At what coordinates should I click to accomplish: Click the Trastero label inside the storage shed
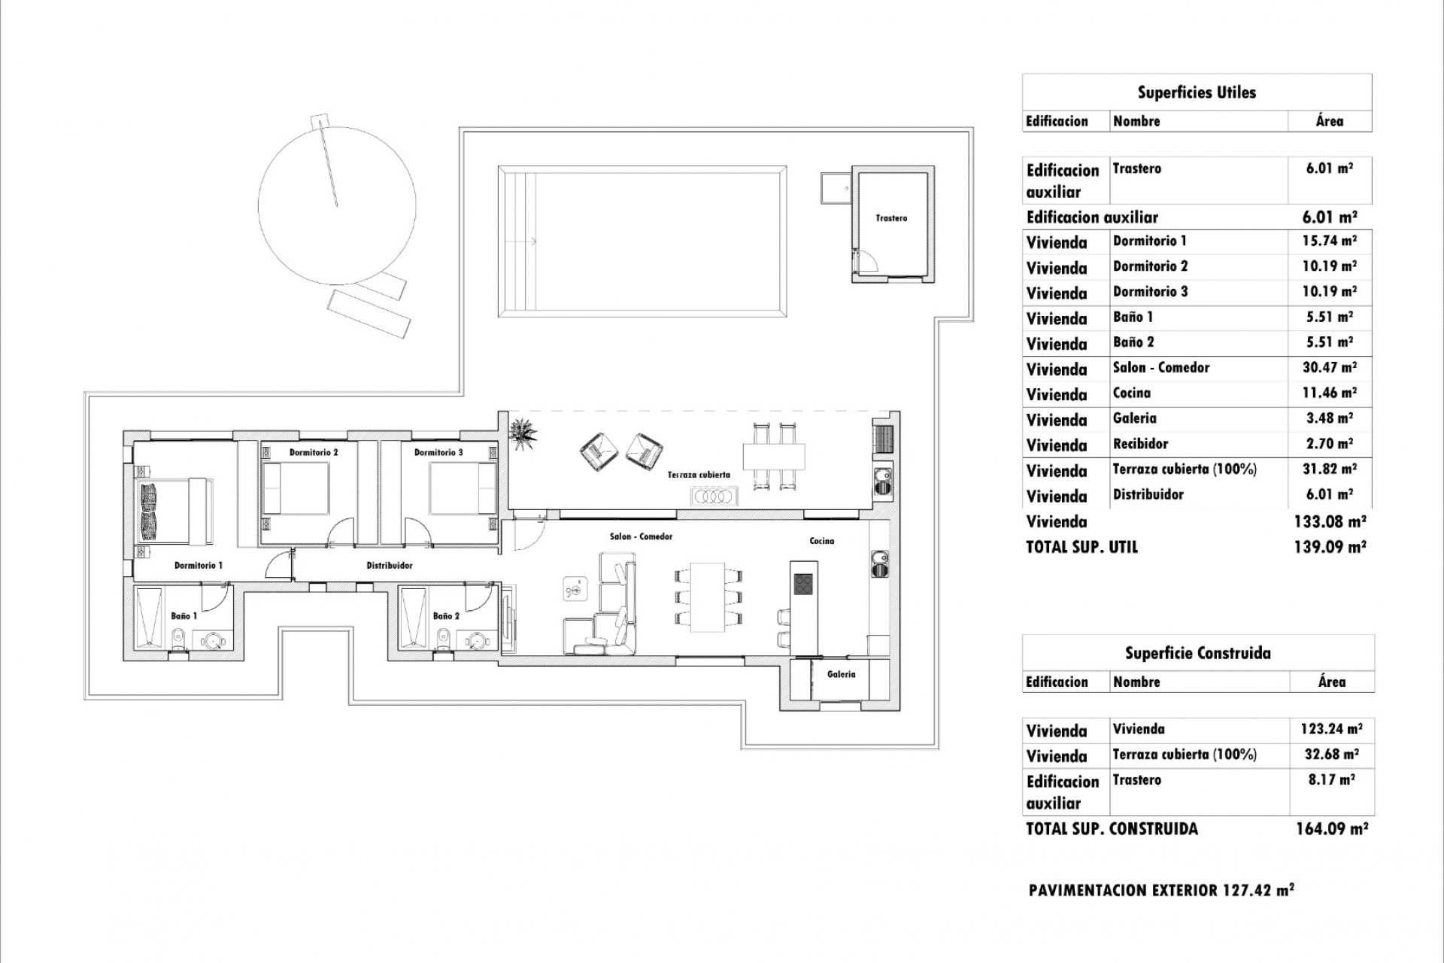click(891, 218)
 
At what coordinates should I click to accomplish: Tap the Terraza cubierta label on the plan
click(699, 475)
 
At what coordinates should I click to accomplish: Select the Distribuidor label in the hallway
click(389, 565)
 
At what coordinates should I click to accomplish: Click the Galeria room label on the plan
click(841, 674)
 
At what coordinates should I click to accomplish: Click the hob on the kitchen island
click(803, 584)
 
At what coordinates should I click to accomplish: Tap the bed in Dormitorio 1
click(174, 509)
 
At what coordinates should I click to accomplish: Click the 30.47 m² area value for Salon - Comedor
click(1330, 368)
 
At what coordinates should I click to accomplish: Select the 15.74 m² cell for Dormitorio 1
click(1330, 241)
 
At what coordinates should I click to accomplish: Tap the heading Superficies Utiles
click(1196, 93)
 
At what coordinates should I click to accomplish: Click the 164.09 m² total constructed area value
click(1331, 829)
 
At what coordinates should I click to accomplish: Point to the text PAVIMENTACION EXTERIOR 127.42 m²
click(1160, 891)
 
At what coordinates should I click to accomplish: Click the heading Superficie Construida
click(1197, 653)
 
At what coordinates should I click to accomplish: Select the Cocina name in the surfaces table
click(1132, 393)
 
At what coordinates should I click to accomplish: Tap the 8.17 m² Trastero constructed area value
click(1331, 780)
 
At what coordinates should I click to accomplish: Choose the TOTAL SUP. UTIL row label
click(1081, 547)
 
